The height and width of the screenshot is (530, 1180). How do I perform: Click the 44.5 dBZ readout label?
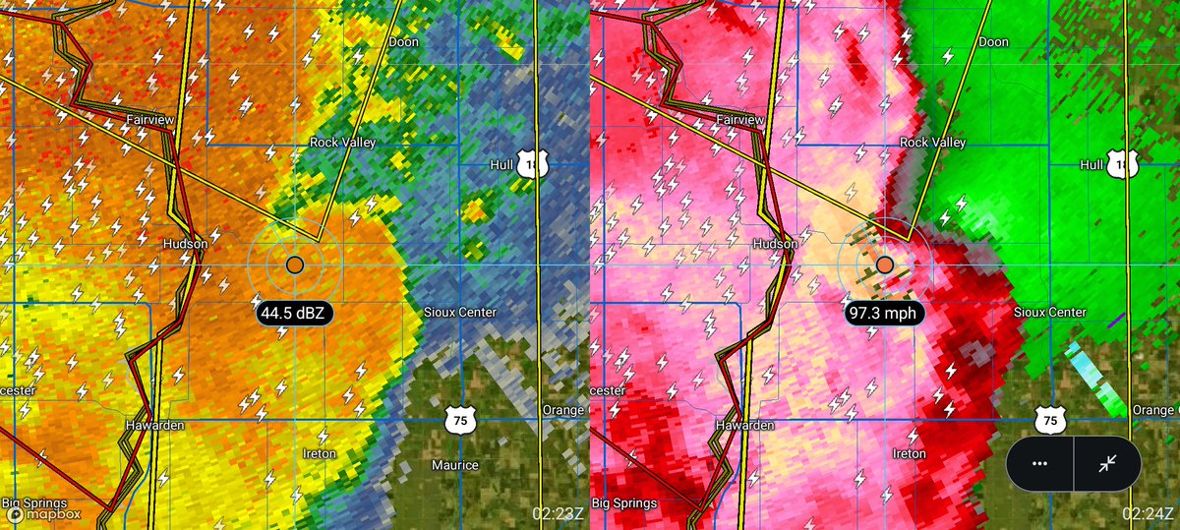(x=295, y=314)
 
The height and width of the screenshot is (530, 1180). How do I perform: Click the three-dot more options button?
(x=1039, y=463)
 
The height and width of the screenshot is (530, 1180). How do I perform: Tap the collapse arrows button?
(x=1107, y=463)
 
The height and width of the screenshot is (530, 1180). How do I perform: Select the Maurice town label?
(x=455, y=465)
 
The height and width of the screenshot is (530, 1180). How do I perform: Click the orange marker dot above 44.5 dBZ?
(x=295, y=265)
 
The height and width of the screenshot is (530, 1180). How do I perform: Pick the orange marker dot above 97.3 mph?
(x=885, y=265)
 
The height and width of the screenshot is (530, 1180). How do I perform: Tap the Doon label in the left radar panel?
(x=403, y=42)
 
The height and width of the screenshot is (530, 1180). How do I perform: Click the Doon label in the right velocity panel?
(x=993, y=42)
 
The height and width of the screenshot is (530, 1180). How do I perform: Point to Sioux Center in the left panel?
(x=459, y=313)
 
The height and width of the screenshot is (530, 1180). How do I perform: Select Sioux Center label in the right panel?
(x=1049, y=313)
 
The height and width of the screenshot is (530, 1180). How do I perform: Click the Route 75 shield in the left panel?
(x=461, y=420)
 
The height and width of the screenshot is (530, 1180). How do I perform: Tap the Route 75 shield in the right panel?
(x=1051, y=420)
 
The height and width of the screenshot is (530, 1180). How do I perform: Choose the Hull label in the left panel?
(x=501, y=165)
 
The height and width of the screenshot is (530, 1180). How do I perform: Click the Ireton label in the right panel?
(x=910, y=454)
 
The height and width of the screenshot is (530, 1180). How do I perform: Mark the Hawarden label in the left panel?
(x=153, y=426)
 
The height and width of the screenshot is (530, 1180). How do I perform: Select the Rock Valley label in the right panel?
(x=932, y=143)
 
